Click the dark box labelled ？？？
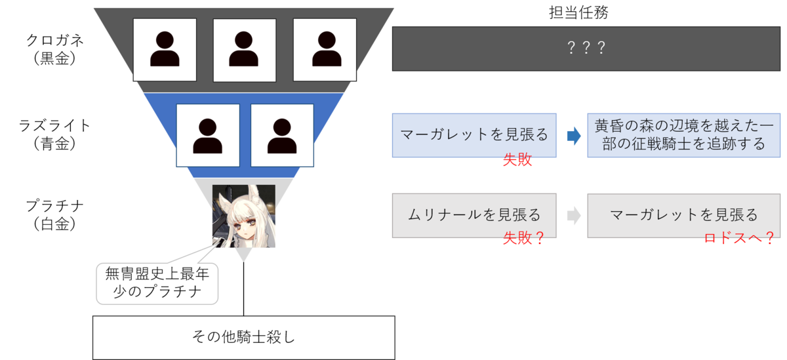[585, 49]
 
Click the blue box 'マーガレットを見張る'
[474, 135]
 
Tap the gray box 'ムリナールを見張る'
[474, 215]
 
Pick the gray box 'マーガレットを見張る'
[683, 215]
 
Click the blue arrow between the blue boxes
[573, 136]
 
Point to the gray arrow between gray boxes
[573, 216]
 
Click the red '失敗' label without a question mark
[517, 161]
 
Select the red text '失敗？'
[523, 239]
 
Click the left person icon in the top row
[165, 49]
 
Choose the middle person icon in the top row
[245, 49]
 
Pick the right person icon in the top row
[325, 49]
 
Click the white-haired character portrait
[243, 216]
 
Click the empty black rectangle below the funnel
[243, 337]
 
